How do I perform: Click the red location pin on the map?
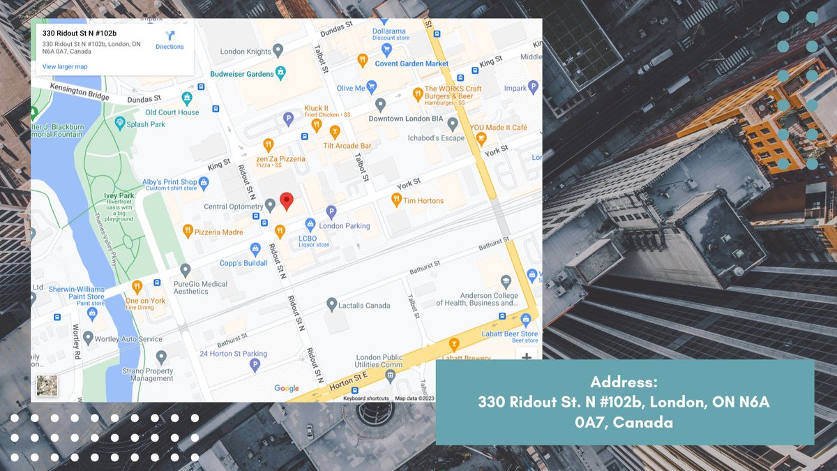286,201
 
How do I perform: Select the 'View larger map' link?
65,67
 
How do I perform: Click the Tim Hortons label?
423,201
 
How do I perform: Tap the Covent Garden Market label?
412,63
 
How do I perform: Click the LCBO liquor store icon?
311,225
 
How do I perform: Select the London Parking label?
345,226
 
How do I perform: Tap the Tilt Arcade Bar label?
347,146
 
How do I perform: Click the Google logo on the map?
286,389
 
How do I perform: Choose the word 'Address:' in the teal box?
624,382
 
